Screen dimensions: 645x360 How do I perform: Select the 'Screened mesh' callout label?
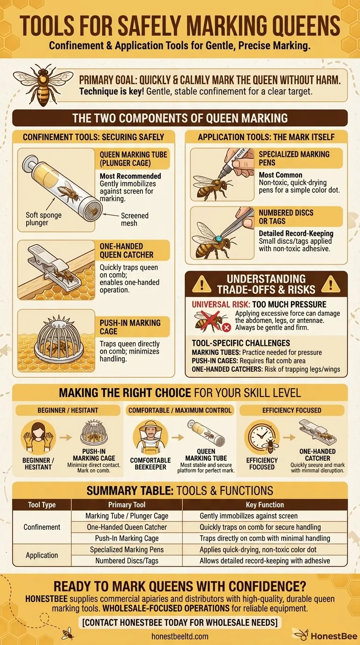(135, 219)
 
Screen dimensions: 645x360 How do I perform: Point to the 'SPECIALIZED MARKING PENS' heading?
(294, 158)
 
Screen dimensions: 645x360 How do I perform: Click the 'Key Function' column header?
(265, 505)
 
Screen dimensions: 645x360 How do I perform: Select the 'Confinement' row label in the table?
(42, 527)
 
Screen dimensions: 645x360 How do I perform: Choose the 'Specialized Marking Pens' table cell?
(127, 549)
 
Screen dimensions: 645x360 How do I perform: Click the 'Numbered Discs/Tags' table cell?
(127, 561)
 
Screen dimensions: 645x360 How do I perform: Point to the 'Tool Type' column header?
(42, 505)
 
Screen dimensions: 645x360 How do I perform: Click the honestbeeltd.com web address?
(180, 636)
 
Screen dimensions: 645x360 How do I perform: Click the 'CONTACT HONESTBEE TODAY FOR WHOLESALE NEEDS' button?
(180, 622)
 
